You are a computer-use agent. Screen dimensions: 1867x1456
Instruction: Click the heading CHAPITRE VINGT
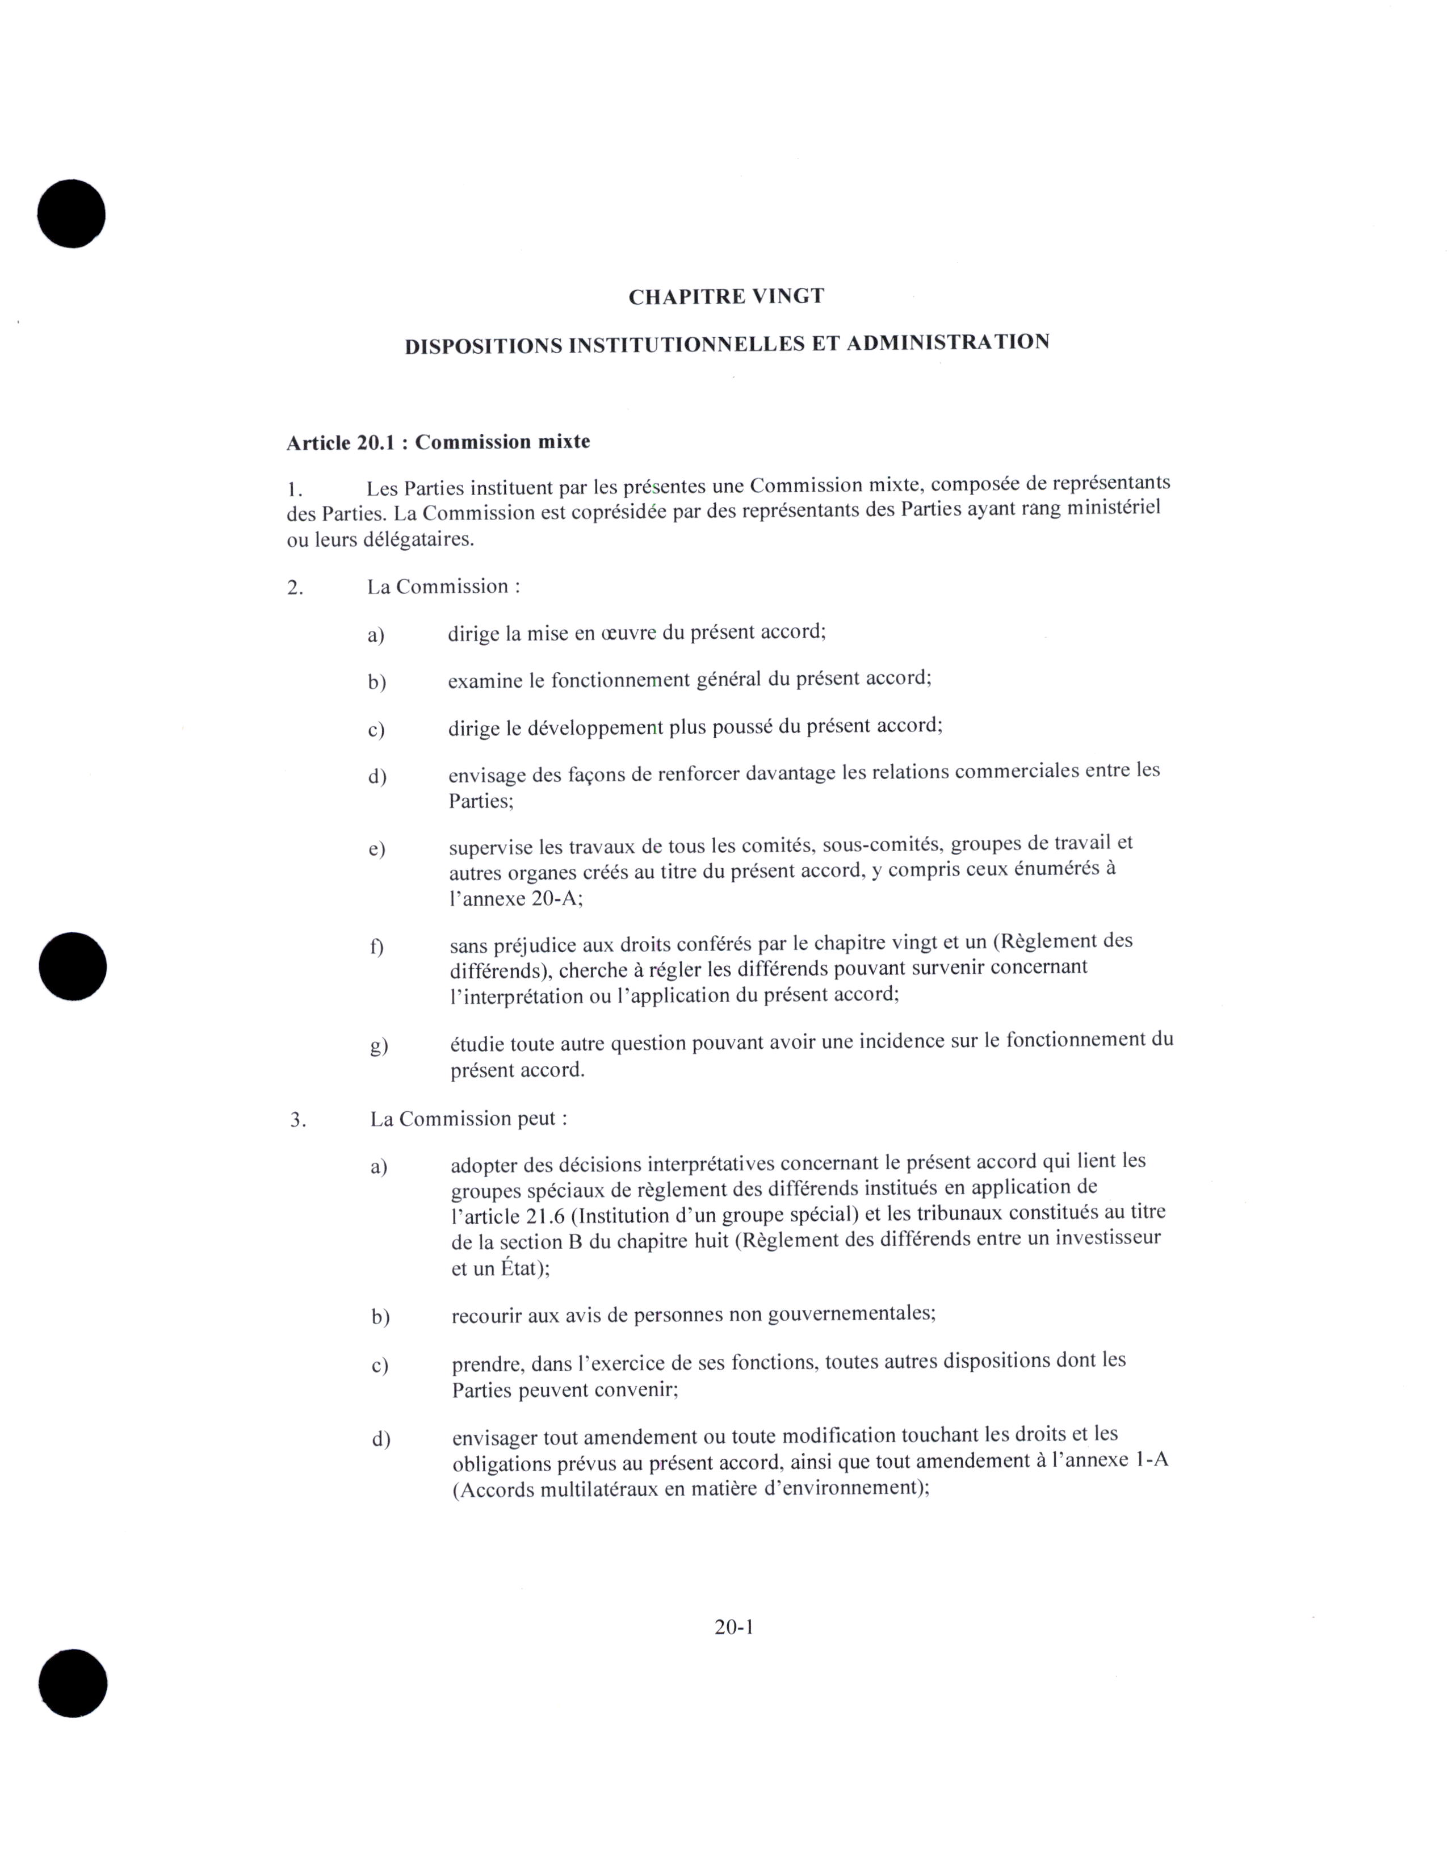point(726,296)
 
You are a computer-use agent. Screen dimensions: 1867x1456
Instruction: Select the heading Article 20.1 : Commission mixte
point(438,442)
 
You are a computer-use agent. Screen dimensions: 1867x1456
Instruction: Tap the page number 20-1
point(734,1627)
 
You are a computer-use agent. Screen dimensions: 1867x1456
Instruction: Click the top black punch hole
point(72,214)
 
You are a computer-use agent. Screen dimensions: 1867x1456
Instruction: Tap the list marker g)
point(379,1045)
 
